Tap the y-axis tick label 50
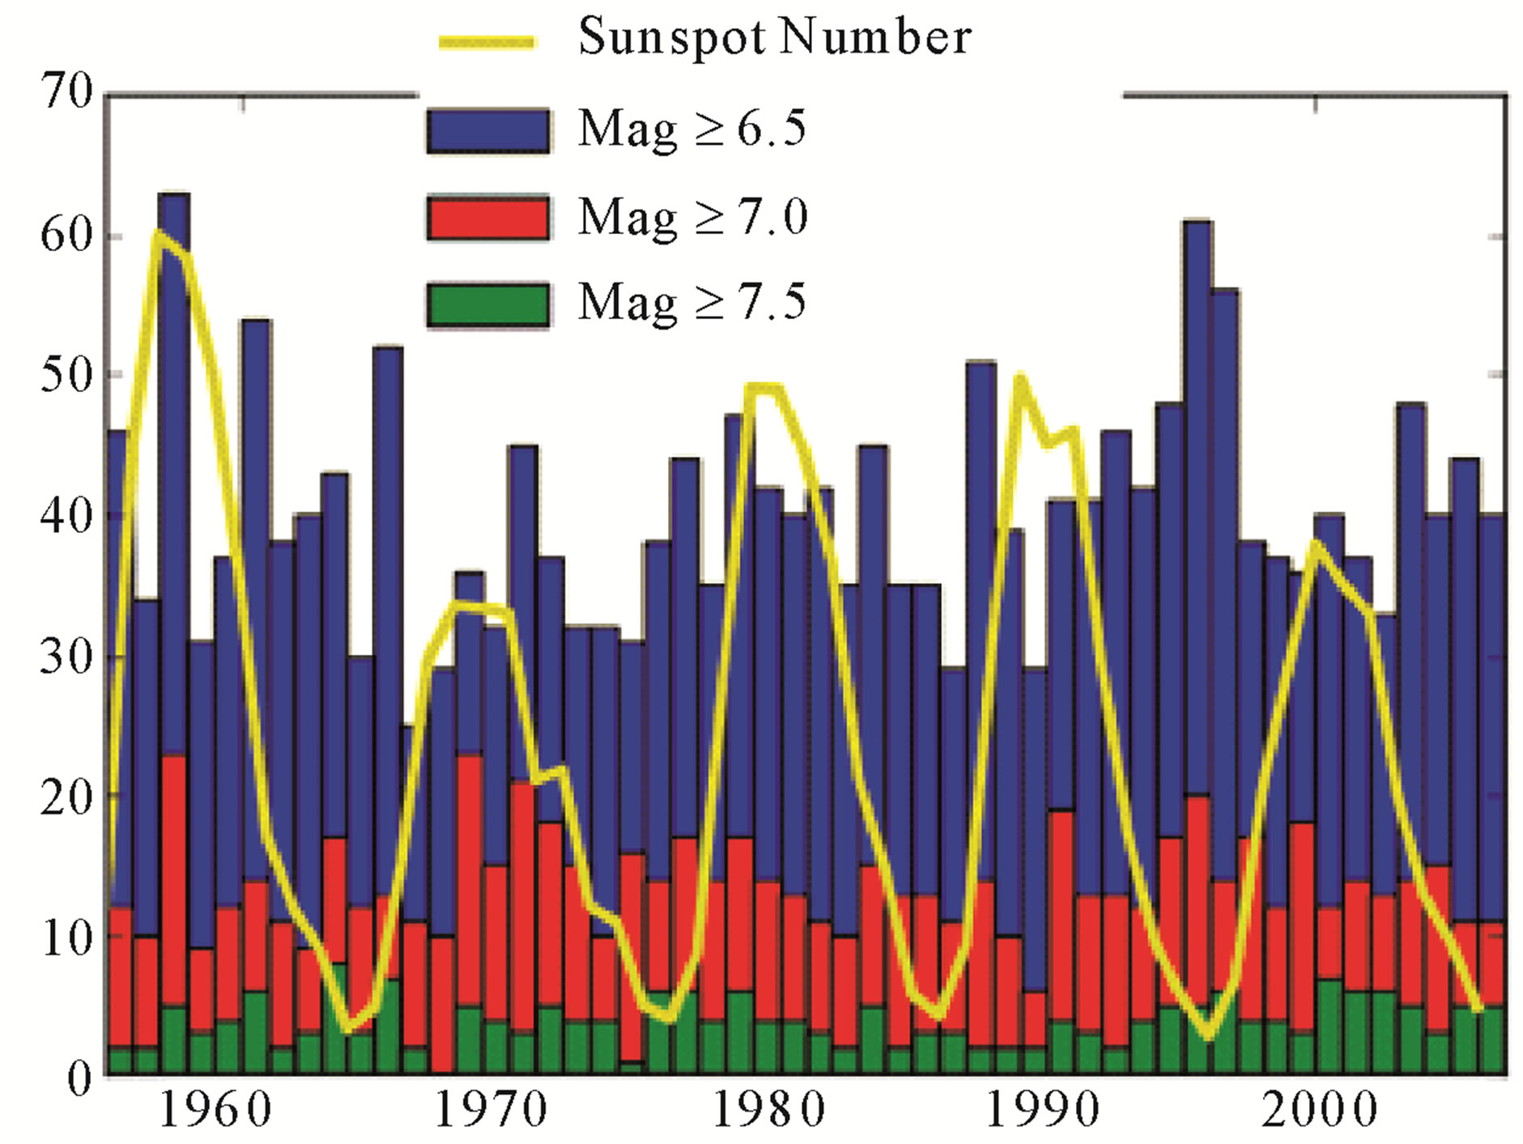[x=67, y=375]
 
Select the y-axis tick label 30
[x=67, y=656]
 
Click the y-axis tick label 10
[x=67, y=938]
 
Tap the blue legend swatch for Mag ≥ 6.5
[x=488, y=130]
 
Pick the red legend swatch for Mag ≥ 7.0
[x=488, y=217]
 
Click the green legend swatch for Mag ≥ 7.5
[x=488, y=304]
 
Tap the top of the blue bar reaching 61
[x=1197, y=222]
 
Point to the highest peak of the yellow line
[x=158, y=233]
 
